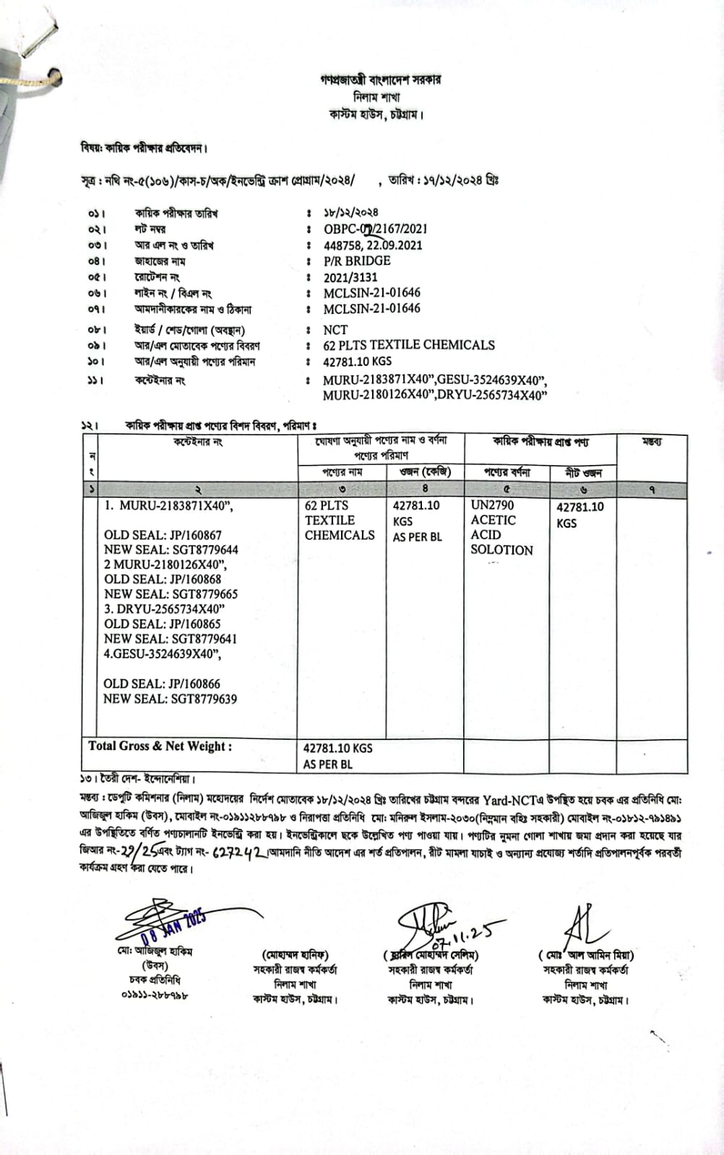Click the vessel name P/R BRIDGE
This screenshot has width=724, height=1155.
357,261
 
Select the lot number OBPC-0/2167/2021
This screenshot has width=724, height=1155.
375,229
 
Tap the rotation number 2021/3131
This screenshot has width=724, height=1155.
350,277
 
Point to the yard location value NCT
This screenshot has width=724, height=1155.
335,329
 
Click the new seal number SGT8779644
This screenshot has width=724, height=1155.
171,549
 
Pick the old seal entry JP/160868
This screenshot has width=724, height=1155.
163,579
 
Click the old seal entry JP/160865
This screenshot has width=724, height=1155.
163,624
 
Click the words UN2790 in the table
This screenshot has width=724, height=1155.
492,505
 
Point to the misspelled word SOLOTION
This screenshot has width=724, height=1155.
501,550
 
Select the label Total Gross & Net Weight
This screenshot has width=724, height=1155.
160,746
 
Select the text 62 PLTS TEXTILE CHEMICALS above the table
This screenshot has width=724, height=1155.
409,345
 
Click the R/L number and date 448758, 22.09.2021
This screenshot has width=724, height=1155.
373,245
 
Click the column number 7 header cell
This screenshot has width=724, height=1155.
652,489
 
